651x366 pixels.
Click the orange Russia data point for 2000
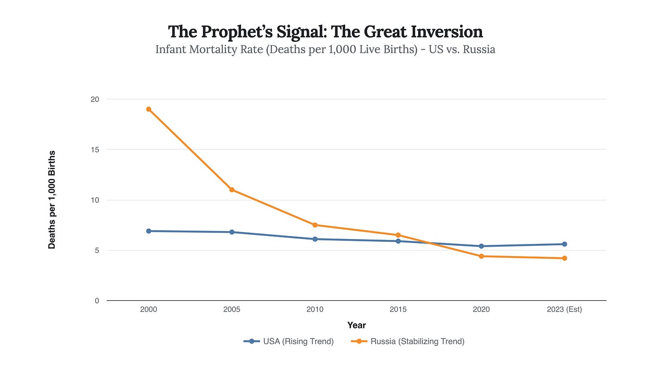(x=148, y=109)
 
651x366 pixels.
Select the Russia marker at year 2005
(x=232, y=189)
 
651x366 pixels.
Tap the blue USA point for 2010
(x=315, y=239)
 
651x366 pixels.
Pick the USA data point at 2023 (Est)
(x=564, y=244)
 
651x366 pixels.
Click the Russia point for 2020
(x=481, y=256)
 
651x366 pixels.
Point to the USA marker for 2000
(x=148, y=231)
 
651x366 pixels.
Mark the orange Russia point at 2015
(x=398, y=235)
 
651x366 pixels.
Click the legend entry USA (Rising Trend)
(x=289, y=341)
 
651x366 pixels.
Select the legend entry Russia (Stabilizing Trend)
(x=408, y=341)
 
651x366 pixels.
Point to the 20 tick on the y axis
(x=95, y=99)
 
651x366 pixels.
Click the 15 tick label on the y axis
(x=95, y=150)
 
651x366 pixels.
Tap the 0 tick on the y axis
(x=97, y=301)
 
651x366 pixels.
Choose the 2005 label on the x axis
(x=232, y=310)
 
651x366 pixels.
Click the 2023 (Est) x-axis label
(x=564, y=310)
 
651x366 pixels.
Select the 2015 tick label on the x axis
(x=398, y=310)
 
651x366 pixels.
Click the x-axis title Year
(x=356, y=325)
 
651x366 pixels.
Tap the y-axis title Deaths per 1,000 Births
(x=52, y=200)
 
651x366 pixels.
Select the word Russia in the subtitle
(x=479, y=49)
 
